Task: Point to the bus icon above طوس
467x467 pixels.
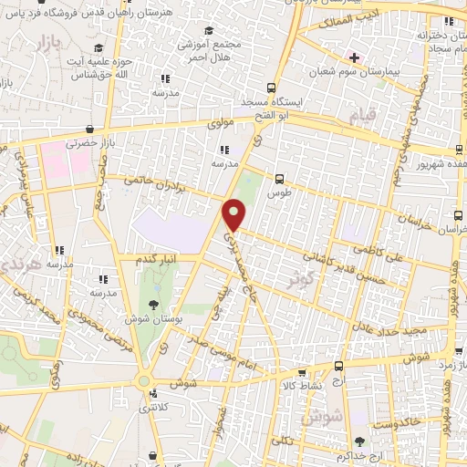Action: coord(279,180)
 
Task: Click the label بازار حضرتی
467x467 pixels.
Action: coord(91,144)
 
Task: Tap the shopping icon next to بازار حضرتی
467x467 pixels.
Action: coord(89,130)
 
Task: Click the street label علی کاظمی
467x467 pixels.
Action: coord(406,234)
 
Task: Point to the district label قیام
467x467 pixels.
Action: coord(362,117)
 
